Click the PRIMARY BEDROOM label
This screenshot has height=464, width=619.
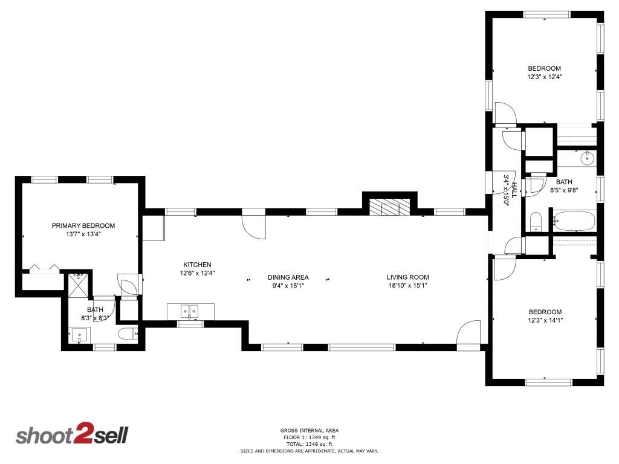83,225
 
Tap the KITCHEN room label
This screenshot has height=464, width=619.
197,265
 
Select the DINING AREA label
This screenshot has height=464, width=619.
288,277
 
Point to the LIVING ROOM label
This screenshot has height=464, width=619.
408,277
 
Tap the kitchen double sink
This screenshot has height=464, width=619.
190,311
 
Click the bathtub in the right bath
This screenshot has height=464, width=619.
573,221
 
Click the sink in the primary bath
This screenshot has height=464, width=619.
80,335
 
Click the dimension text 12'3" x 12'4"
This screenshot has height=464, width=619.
544,77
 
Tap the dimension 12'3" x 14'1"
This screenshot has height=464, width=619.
545,320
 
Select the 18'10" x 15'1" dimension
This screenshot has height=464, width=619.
408,286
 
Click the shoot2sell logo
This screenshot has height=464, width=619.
71,436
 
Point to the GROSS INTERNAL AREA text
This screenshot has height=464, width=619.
309,431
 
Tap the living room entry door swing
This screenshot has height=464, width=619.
468,333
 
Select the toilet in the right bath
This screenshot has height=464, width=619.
535,222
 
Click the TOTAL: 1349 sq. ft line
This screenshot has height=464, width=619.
309,444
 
